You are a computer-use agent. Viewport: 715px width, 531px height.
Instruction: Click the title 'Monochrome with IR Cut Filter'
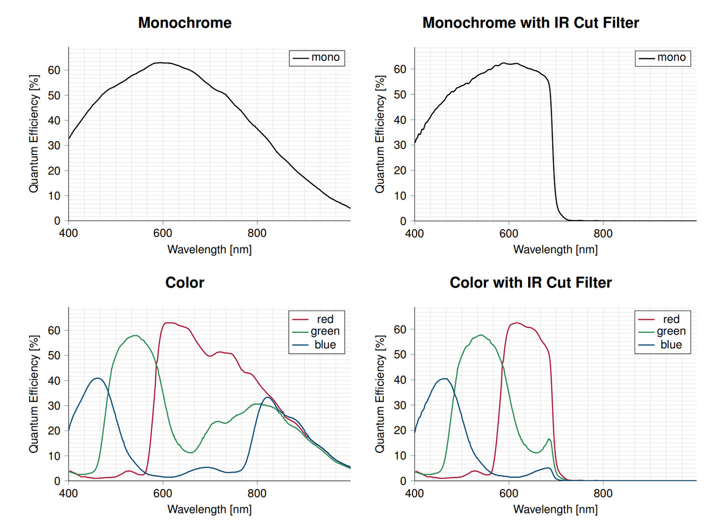(531, 23)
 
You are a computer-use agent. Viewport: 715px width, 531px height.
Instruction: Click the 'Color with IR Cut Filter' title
(531, 283)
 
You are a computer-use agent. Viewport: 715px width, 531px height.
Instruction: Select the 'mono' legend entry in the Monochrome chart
(325, 58)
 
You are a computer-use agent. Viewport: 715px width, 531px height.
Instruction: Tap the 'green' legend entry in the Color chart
(325, 331)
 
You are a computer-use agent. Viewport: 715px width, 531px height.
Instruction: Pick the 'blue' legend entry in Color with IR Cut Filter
(671, 345)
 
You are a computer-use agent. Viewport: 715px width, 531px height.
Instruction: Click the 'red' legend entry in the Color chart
(325, 319)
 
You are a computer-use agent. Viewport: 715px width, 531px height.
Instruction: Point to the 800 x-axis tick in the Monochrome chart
(257, 233)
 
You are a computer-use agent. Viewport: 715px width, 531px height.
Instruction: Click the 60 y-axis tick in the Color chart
(54, 330)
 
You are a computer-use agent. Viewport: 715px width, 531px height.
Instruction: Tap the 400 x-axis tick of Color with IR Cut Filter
(414, 493)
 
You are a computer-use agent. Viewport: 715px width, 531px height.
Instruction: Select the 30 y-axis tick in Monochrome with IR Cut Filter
(400, 145)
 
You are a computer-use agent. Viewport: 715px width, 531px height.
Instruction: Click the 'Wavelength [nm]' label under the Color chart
(209, 509)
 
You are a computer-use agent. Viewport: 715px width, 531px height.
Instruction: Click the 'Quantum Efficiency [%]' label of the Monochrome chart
(33, 134)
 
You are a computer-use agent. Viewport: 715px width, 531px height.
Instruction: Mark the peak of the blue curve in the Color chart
(98, 378)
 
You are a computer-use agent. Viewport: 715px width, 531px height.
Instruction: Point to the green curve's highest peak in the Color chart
(136, 336)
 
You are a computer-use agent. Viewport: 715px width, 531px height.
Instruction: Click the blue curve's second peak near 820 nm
(267, 397)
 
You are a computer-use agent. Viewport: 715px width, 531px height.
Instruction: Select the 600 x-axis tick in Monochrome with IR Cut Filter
(509, 234)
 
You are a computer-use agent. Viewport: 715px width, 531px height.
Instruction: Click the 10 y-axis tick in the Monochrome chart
(54, 196)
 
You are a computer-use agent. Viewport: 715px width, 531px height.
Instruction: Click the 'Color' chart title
(184, 283)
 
